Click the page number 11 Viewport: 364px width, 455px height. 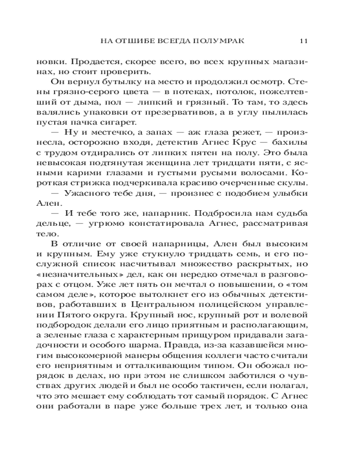[x=304, y=40]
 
